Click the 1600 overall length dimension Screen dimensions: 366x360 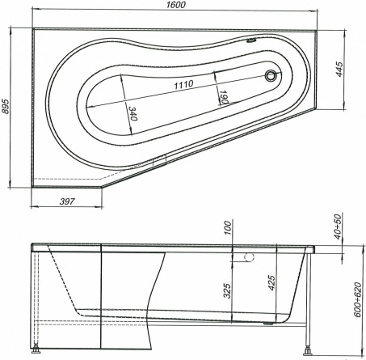point(176,5)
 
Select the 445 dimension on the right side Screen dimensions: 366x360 point(339,70)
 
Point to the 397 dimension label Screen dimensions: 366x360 point(66,201)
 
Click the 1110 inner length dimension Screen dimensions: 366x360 point(183,84)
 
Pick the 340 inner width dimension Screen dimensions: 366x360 point(133,113)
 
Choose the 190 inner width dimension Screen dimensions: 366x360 point(224,97)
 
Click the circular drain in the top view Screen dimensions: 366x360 point(270,75)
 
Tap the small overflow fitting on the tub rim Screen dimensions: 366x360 point(251,40)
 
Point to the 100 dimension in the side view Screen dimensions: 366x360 point(228,228)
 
